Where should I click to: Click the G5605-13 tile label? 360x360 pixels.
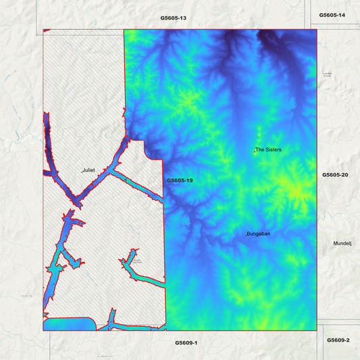[x=174, y=18]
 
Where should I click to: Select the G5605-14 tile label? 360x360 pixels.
[x=332, y=15]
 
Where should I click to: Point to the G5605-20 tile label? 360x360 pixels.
[x=335, y=175]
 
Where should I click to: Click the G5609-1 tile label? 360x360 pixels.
[x=186, y=343]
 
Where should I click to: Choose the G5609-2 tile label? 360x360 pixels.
[x=338, y=340]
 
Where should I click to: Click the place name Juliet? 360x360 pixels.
[x=90, y=171]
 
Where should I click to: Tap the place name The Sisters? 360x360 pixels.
[x=268, y=149]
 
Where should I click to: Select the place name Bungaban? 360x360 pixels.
[x=259, y=234]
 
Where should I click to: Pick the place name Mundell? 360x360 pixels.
[x=343, y=243]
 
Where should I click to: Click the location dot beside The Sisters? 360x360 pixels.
[x=254, y=151]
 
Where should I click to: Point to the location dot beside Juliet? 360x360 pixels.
[x=82, y=172]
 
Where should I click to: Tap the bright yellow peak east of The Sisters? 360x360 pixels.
[x=296, y=191]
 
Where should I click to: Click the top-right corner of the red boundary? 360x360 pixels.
[x=316, y=29]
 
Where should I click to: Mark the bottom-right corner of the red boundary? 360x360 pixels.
[x=316, y=331]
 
